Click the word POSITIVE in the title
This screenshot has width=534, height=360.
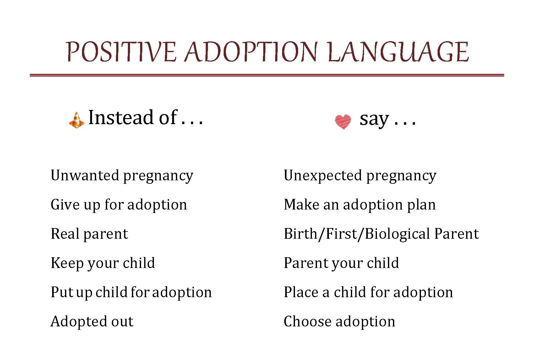(121, 52)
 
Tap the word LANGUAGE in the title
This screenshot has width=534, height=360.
(398, 52)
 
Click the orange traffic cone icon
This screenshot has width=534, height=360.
(76, 120)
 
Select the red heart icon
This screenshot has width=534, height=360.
(343, 121)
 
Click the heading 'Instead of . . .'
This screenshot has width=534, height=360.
(146, 118)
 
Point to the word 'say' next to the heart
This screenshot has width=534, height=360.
(374, 120)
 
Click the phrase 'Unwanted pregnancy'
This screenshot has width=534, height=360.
(122, 176)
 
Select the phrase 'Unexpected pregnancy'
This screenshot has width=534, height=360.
(360, 176)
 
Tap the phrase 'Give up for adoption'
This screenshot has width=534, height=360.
(119, 205)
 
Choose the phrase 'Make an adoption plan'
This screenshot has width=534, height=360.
(360, 205)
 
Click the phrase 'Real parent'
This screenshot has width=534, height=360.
(89, 234)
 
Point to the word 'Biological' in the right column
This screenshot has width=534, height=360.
(398, 234)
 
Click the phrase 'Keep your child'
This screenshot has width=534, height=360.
(103, 263)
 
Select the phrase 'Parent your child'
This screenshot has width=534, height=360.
(341, 263)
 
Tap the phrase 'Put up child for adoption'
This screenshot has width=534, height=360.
(131, 292)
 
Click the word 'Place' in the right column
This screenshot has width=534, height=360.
(301, 292)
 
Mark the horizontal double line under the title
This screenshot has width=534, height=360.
(267, 75)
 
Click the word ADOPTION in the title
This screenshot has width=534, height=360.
(251, 52)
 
